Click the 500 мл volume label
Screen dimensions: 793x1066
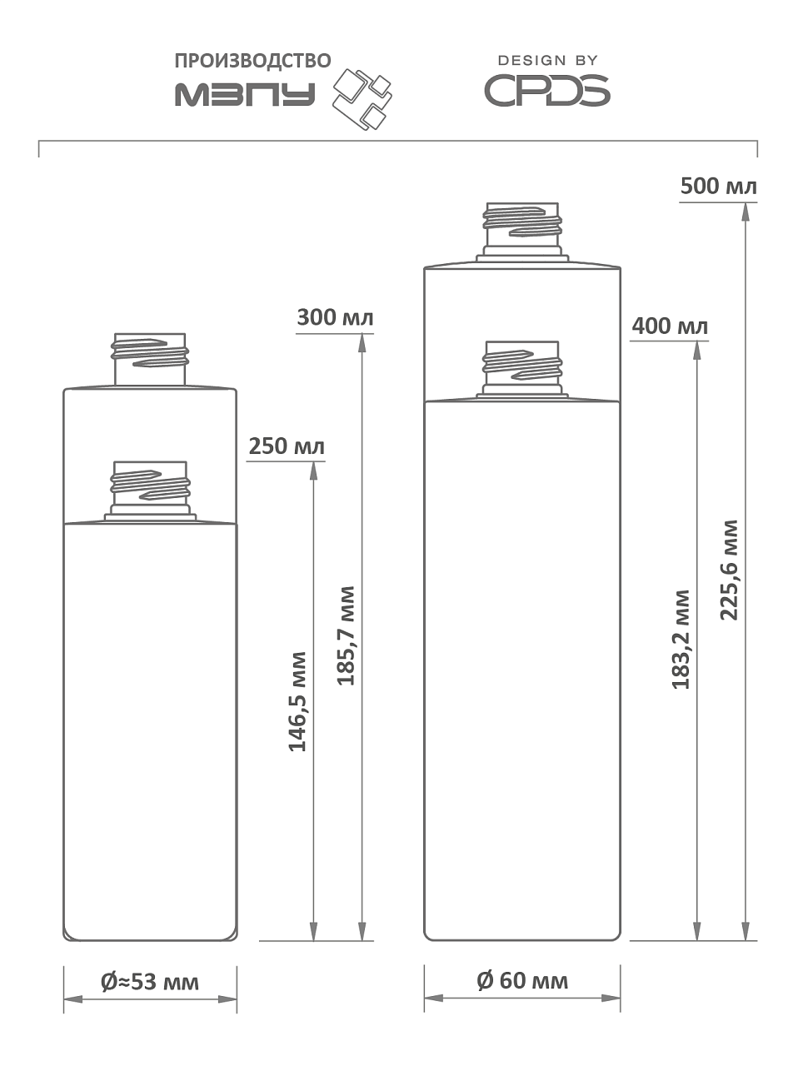pyautogui.click(x=718, y=186)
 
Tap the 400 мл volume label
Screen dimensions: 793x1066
pyautogui.click(x=670, y=326)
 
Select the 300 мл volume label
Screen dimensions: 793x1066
pyautogui.click(x=335, y=317)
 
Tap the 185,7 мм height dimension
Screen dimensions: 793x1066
pyautogui.click(x=345, y=635)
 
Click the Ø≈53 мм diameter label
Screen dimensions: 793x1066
pyautogui.click(x=150, y=982)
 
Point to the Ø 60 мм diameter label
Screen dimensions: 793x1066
pyautogui.click(x=522, y=980)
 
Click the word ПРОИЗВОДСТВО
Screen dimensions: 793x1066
pyautogui.click(x=252, y=61)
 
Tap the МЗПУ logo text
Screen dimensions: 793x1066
pyautogui.click(x=245, y=93)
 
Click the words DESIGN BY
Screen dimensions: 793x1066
pyautogui.click(x=547, y=61)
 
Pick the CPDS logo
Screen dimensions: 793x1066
pyautogui.click(x=546, y=91)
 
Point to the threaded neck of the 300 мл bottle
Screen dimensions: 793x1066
pyautogui.click(x=150, y=355)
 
